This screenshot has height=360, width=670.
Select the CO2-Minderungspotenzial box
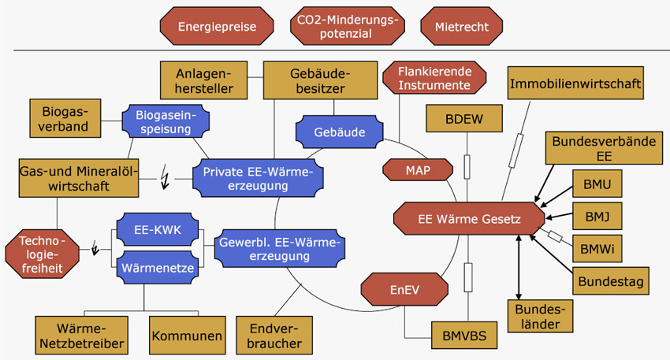344,26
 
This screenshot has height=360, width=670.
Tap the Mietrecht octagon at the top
461,26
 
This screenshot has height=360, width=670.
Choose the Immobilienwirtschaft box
575,82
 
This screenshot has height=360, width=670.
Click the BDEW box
464,118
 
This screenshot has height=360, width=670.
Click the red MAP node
417,169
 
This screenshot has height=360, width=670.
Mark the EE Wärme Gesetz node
468,219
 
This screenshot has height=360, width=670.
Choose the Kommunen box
188,336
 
